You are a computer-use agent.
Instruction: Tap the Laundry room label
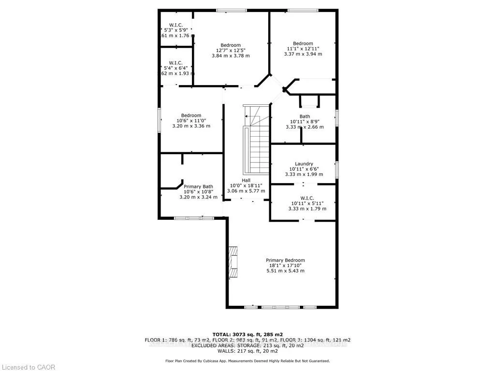click(304, 164)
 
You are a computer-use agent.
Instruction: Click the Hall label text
click(246, 180)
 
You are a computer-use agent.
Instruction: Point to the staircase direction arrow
click(247, 116)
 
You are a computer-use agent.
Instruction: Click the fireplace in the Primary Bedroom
click(233, 262)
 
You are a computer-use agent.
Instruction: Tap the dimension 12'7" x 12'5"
click(231, 50)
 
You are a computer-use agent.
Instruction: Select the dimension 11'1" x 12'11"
click(303, 49)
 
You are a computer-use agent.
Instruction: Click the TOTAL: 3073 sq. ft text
click(247, 334)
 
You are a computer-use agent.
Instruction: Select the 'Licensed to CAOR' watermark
click(28, 367)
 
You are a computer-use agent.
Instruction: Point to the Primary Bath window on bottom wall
click(194, 218)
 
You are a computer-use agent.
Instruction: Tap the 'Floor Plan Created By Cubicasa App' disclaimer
click(247, 361)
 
